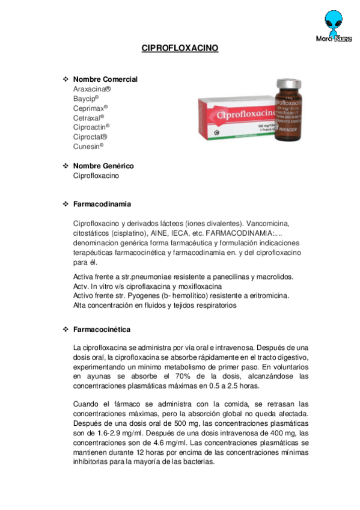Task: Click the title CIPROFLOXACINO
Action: click(180, 48)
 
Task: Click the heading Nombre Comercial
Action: click(105, 79)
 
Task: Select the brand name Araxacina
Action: click(91, 88)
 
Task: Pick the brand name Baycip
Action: click(85, 98)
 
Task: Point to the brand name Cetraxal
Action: click(88, 117)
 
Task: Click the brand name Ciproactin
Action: click(91, 127)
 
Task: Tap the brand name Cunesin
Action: click(88, 146)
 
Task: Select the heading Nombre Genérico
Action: click(103, 166)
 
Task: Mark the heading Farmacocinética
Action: click(102, 330)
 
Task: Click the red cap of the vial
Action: click(288, 83)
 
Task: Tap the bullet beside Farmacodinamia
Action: click(66, 204)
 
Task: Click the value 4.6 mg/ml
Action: click(156, 443)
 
